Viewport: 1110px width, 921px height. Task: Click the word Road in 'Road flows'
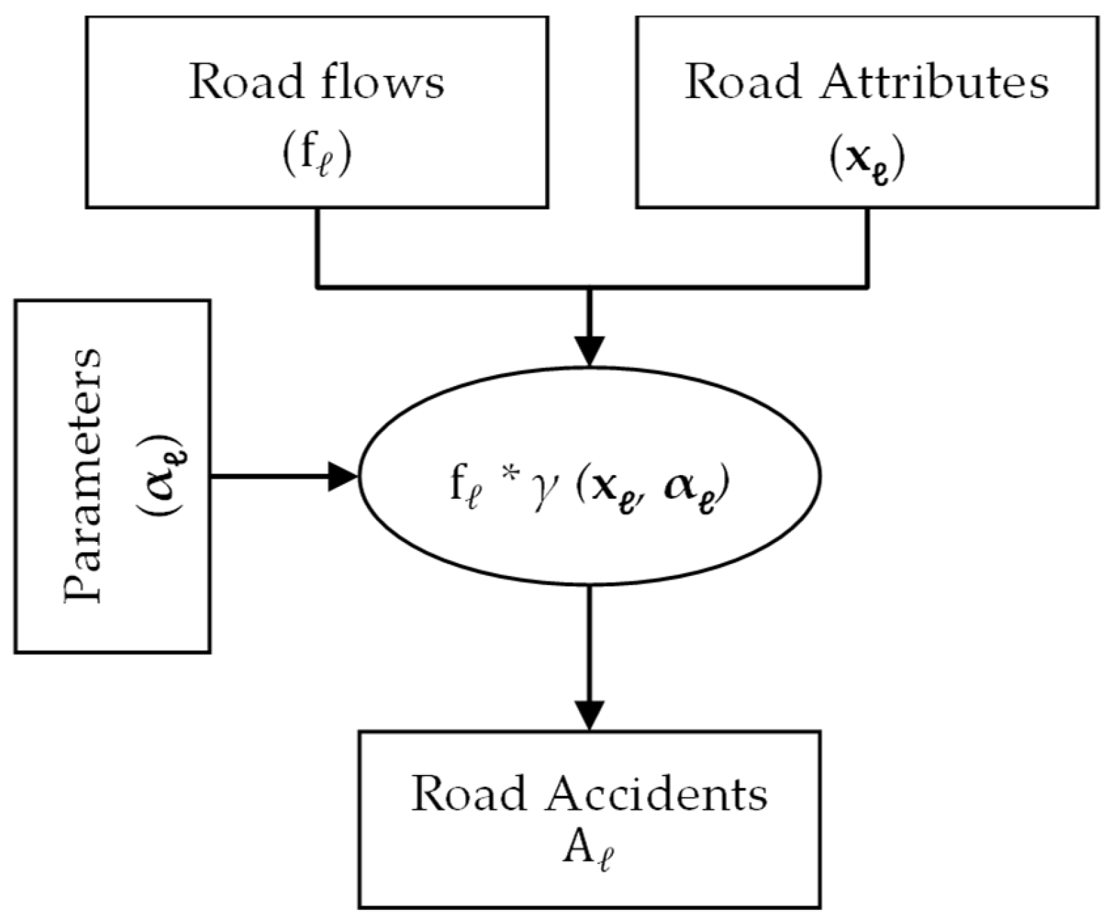click(x=247, y=83)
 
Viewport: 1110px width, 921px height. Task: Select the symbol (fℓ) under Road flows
click(x=317, y=157)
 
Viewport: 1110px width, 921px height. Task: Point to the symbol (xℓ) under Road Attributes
click(x=867, y=159)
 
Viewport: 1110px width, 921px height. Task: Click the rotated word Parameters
click(x=83, y=476)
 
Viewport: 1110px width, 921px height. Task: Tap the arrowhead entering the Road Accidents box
click(x=589, y=716)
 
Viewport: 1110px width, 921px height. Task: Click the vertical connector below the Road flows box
click(x=318, y=248)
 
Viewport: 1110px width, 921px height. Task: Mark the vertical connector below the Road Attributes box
click(x=867, y=248)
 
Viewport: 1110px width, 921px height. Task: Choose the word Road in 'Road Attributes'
click(x=743, y=83)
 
